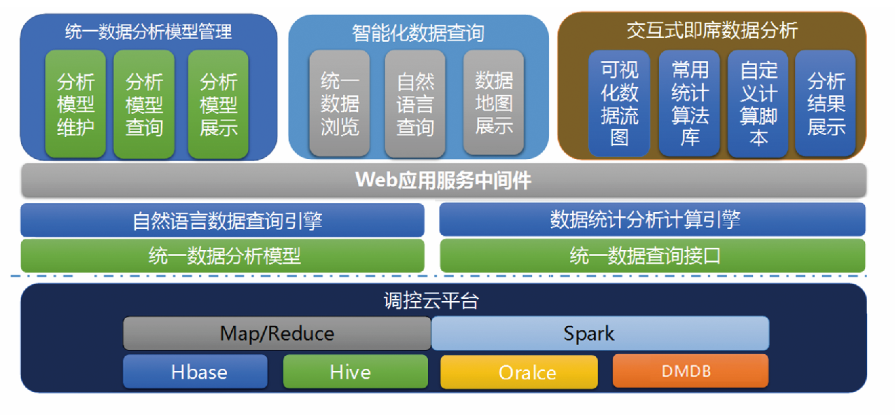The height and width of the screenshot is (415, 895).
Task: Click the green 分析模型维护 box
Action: point(76,104)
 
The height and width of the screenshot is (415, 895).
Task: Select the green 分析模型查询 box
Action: point(144,104)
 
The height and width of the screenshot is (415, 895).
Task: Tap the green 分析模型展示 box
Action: point(218,104)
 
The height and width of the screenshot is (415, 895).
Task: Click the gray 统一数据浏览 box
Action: point(340,104)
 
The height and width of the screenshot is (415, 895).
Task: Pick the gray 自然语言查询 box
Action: point(415,104)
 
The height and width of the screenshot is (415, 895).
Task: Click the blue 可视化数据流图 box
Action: point(619,103)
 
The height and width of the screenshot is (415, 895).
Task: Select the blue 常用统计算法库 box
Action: point(689,103)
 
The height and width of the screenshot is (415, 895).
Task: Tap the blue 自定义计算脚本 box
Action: point(758,103)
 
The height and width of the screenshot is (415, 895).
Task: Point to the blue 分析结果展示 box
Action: point(826,103)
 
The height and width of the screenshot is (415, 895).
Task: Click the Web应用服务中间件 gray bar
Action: point(443,181)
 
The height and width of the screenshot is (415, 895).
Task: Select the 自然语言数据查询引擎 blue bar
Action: point(223,220)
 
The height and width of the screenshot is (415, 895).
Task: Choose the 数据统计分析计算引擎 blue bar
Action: point(652,220)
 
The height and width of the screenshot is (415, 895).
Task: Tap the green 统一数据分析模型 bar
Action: point(223,255)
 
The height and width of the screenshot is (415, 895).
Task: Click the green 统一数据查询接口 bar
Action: point(652,255)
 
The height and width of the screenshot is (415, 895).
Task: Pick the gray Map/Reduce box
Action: point(277,333)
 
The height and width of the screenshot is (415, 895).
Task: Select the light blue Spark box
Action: point(600,333)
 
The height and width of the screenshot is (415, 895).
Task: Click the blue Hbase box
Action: point(195,372)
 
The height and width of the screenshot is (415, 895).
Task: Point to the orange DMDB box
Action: point(691,371)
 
